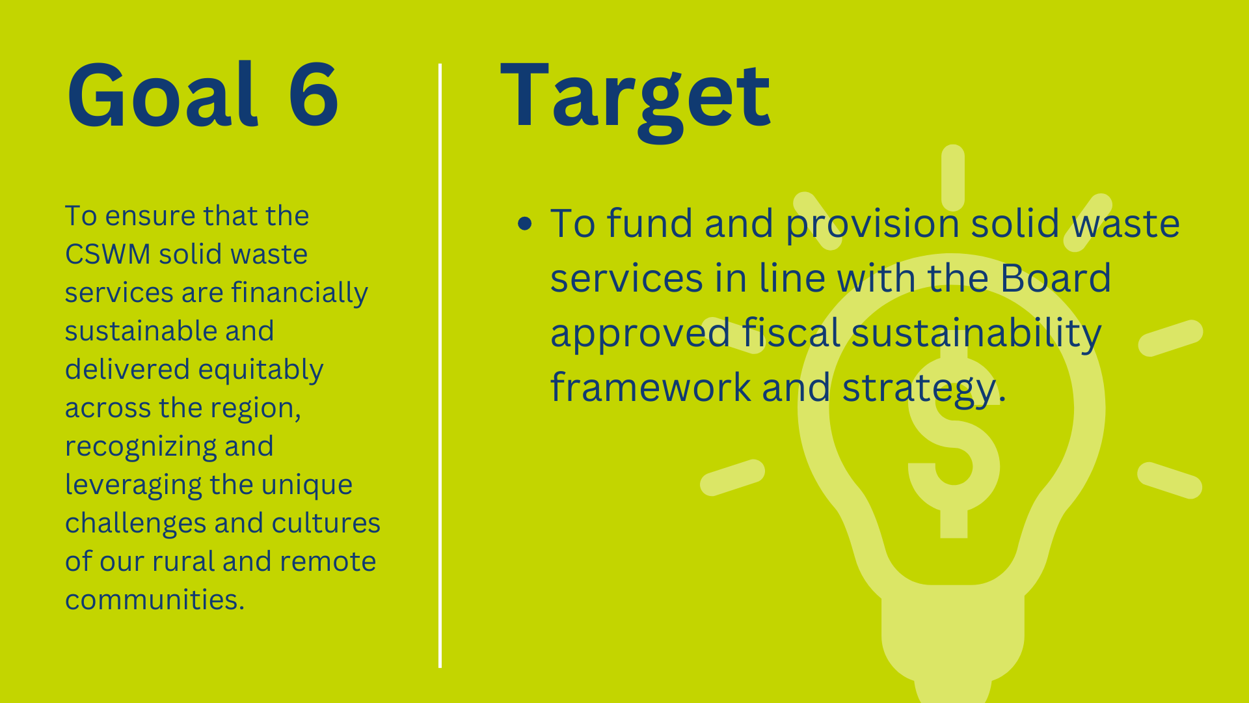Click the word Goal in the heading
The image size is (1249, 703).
[163, 94]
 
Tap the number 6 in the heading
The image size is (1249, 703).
[314, 94]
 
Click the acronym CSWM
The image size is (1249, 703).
[108, 254]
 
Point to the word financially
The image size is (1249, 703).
[299, 294]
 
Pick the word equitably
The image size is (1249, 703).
[261, 370]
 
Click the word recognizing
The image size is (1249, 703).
[141, 447]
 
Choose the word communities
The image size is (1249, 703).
[155, 600]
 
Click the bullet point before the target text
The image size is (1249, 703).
[525, 224]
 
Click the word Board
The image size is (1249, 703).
[1055, 279]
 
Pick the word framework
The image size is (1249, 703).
[651, 387]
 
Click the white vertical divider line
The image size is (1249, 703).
[440, 366]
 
